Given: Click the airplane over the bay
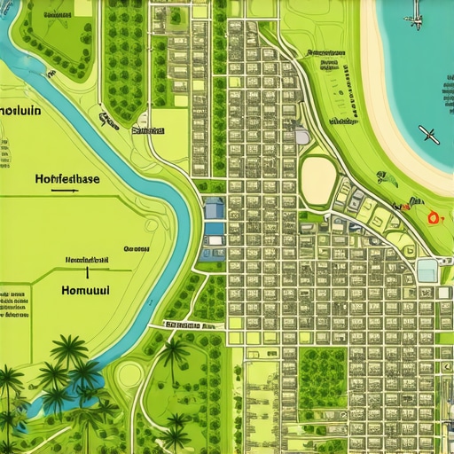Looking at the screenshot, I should pos(429,135).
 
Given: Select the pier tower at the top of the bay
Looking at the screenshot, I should pos(415,18).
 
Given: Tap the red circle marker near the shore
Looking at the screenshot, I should pos(434,217).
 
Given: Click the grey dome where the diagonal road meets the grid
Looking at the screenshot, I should pos(301,136).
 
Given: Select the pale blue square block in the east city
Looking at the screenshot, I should pos(427,270).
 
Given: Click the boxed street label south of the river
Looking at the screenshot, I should pos(191,325).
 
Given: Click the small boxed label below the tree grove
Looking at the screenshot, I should pos(148,129).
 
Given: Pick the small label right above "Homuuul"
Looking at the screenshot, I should pos(86,260).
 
